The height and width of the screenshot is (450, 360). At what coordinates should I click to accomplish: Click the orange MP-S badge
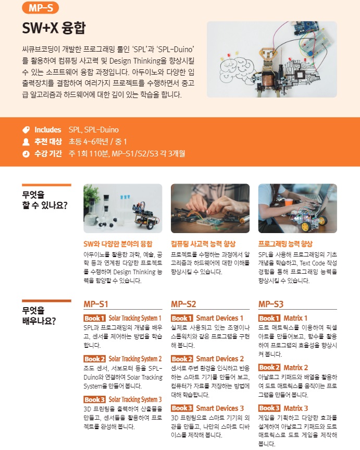pos(41,8)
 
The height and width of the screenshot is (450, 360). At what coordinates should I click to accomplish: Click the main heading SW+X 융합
pos(54,28)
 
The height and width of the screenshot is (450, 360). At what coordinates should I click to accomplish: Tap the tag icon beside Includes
pos(26,130)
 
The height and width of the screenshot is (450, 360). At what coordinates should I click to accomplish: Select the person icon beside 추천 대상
pos(26,142)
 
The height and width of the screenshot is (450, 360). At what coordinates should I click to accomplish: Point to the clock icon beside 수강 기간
pos(26,154)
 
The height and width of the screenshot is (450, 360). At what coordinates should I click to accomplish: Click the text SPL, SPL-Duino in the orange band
pos(94,130)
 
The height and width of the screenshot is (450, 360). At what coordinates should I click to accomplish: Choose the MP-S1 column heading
pos(96,304)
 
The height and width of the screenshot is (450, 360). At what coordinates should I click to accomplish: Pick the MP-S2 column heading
pos(183,304)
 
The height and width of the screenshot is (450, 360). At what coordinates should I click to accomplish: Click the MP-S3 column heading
pos(271,304)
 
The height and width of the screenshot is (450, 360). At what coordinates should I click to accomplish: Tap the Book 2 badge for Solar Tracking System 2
pos(95,359)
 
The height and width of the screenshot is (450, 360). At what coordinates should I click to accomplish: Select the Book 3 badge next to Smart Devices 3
pos(182,408)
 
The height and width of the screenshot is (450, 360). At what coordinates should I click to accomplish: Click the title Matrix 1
pos(295,318)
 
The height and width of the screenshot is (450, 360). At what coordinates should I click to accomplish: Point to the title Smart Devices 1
pos(220,318)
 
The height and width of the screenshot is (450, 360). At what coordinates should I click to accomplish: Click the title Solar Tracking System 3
pos(135,399)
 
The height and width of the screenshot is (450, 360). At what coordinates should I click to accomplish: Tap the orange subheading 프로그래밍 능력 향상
pos(285,244)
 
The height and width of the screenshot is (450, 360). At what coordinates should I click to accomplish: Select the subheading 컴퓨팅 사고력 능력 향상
pos(203,244)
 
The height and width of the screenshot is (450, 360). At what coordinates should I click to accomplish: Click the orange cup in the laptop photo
pos(289,202)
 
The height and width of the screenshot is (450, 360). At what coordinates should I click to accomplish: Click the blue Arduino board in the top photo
pos(306,28)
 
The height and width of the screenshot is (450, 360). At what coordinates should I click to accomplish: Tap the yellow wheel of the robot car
pos(305,227)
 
